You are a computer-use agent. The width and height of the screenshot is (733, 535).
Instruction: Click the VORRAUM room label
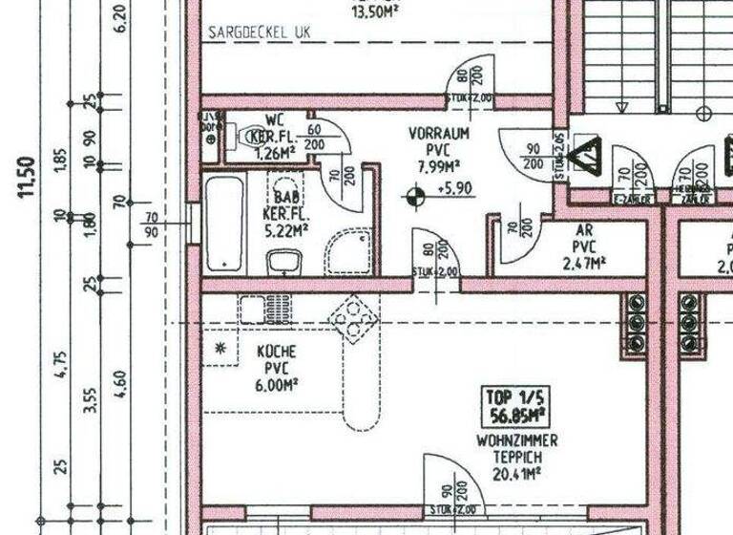(438, 135)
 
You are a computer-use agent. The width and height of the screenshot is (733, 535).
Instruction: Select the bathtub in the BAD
(224, 222)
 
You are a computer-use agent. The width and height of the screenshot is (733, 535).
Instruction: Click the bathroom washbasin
(284, 260)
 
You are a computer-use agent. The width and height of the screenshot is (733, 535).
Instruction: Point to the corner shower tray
(348, 251)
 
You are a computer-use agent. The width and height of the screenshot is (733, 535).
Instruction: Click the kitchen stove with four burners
(354, 319)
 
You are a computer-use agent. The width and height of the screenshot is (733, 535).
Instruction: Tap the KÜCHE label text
(276, 352)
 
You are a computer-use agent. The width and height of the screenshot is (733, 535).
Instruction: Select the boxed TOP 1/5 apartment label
(514, 406)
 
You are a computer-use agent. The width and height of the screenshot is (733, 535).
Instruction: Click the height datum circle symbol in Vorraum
(414, 198)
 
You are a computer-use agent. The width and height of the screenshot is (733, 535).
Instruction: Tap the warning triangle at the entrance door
(584, 154)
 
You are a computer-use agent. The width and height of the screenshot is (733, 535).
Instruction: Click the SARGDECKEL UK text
(260, 32)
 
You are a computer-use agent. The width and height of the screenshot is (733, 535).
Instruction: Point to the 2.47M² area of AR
(584, 263)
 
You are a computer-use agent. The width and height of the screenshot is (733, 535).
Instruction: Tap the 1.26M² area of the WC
(277, 151)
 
